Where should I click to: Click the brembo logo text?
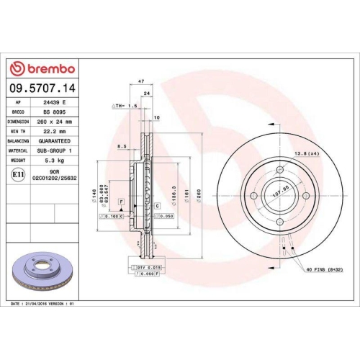point(48,68)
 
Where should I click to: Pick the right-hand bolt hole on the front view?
point(305,196)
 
